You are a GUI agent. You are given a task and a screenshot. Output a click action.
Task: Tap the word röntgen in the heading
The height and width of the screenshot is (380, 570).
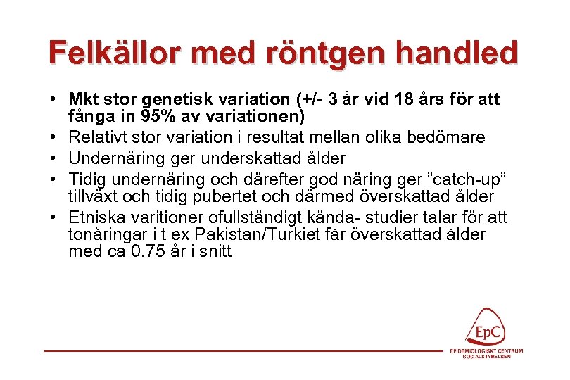point(308,53)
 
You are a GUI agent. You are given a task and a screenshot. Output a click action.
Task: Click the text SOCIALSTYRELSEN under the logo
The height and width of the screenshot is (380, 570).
point(487,356)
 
